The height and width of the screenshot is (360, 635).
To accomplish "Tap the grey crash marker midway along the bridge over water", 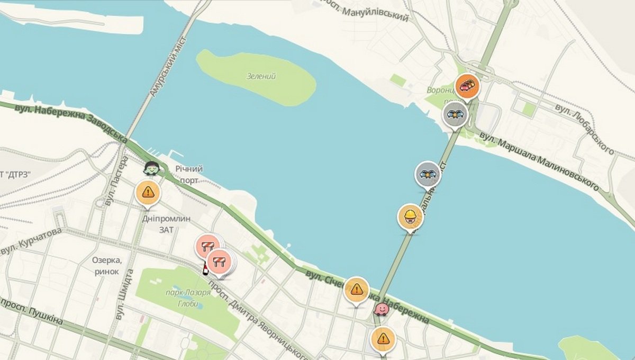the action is pyautogui.click(x=428, y=174).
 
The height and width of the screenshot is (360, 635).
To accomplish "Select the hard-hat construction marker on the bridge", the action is pyautogui.click(x=410, y=216).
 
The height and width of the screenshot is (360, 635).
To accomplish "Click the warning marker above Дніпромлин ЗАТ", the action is pyautogui.click(x=148, y=192).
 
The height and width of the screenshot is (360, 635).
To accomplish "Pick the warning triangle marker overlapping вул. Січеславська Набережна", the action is pyautogui.click(x=357, y=289).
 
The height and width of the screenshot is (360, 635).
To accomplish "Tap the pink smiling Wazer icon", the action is pyautogui.click(x=380, y=308).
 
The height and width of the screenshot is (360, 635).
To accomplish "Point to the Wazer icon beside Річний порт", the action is pyautogui.click(x=151, y=168).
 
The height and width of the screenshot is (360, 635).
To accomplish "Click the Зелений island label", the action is pyautogui.click(x=261, y=76).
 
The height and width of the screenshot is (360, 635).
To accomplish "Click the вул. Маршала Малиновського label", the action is pyautogui.click(x=540, y=161).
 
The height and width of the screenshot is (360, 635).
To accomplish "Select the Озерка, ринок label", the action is pyautogui.click(x=107, y=265).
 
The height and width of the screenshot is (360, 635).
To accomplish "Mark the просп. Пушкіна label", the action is pyautogui.click(x=32, y=312).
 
